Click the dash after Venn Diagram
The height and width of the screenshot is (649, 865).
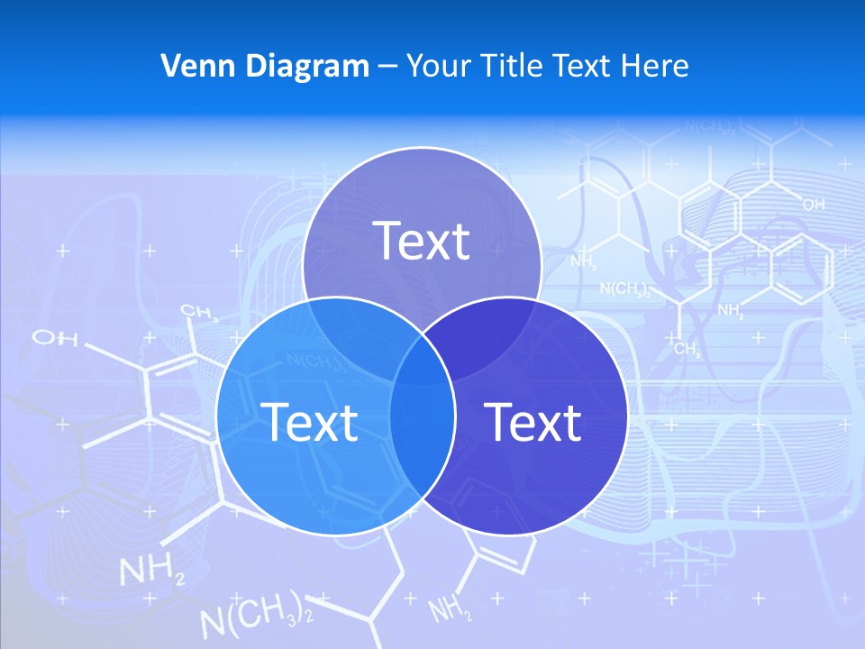pyautogui.click(x=387, y=67)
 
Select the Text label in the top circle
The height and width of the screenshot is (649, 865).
pyautogui.click(x=422, y=241)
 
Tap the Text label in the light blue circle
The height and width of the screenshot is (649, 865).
pyautogui.click(x=309, y=421)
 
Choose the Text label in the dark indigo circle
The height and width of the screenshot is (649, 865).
pyautogui.click(x=533, y=421)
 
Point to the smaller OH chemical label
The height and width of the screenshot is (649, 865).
pyautogui.click(x=813, y=206)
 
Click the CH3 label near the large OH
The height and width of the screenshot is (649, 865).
pyautogui.click(x=199, y=313)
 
